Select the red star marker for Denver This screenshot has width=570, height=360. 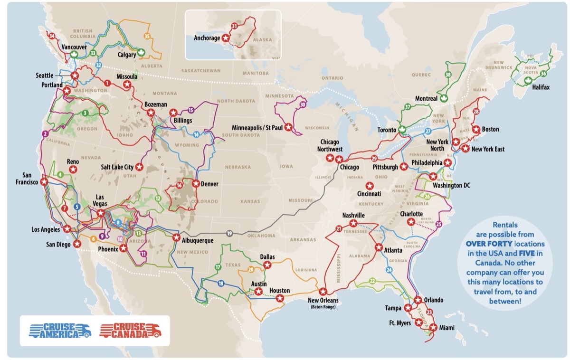click(x=196, y=183)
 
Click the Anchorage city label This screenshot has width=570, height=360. click(x=207, y=38)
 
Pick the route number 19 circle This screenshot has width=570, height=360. click(x=229, y=233)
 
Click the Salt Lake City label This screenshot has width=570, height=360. click(x=117, y=167)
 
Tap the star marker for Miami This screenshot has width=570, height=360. click(x=433, y=327)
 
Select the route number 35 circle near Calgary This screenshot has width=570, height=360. click(x=147, y=36)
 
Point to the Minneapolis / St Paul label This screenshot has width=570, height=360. click(x=257, y=128)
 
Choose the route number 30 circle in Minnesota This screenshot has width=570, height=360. click(x=303, y=104)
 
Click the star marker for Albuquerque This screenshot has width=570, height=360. click(x=176, y=237)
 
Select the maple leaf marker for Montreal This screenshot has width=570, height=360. click(x=445, y=98)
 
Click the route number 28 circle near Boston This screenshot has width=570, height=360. click(x=476, y=111)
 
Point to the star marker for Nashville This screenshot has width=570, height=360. click(x=353, y=223)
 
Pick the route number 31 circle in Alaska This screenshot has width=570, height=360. click(x=234, y=25)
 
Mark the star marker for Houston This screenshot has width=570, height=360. click(x=280, y=299)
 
